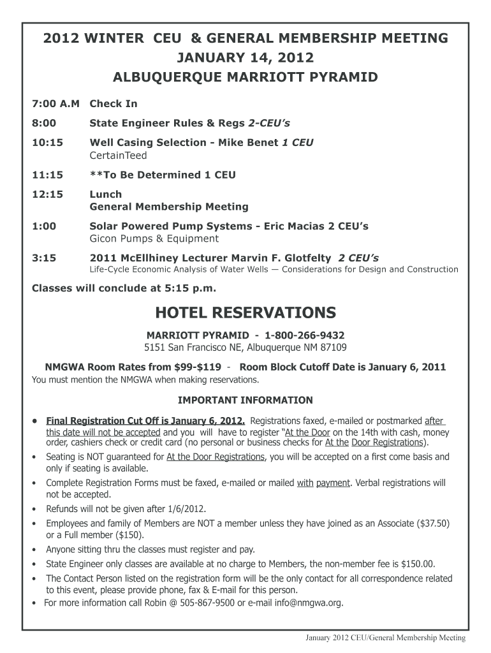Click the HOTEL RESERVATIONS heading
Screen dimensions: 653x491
[246, 312]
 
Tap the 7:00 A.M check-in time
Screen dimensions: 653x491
[55, 103]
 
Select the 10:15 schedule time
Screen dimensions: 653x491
[48, 143]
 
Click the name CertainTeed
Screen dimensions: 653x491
[118, 155]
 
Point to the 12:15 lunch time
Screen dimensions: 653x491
[48, 194]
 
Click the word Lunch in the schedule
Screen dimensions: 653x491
[105, 194]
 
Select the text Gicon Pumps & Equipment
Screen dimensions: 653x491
[154, 238]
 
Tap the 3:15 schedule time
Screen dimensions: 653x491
[44, 258]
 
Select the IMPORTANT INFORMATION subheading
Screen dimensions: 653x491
[245, 400]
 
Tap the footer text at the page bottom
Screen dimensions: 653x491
[386, 638]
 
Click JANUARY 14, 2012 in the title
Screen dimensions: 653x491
[246, 59]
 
